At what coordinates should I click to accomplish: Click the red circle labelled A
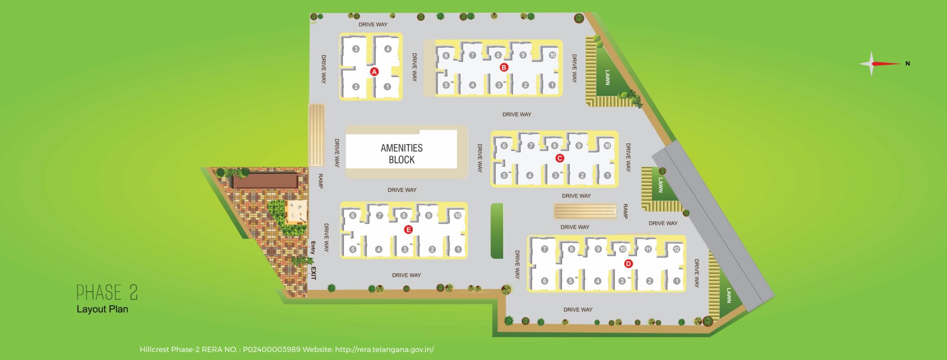pos(374,72)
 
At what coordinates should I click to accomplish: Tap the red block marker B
pos(504,68)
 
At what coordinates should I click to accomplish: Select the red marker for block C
pos(559,158)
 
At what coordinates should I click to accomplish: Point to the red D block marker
pos(628,264)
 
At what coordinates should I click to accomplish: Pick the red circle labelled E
pos(408,230)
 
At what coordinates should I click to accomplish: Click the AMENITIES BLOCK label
pos(401,154)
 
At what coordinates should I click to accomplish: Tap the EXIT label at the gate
pos(313,273)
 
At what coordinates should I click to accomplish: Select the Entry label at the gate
pos(313,248)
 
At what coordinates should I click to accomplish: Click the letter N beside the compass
pos(907,64)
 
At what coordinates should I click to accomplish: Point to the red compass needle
pos(887,64)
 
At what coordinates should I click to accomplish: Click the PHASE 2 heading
pos(107,292)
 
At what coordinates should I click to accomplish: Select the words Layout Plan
pos(102,309)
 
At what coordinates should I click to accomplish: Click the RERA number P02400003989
pos(271,350)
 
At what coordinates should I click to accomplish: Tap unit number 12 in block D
pos(676,249)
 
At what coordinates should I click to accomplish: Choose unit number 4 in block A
pos(388,49)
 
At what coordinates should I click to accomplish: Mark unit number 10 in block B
pos(552,55)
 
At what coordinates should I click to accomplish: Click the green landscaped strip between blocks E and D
pos(497,231)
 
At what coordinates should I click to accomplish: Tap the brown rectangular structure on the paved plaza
pos(265,180)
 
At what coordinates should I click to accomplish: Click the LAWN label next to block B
pos(608,77)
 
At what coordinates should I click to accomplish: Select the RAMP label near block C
pos(625,211)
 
